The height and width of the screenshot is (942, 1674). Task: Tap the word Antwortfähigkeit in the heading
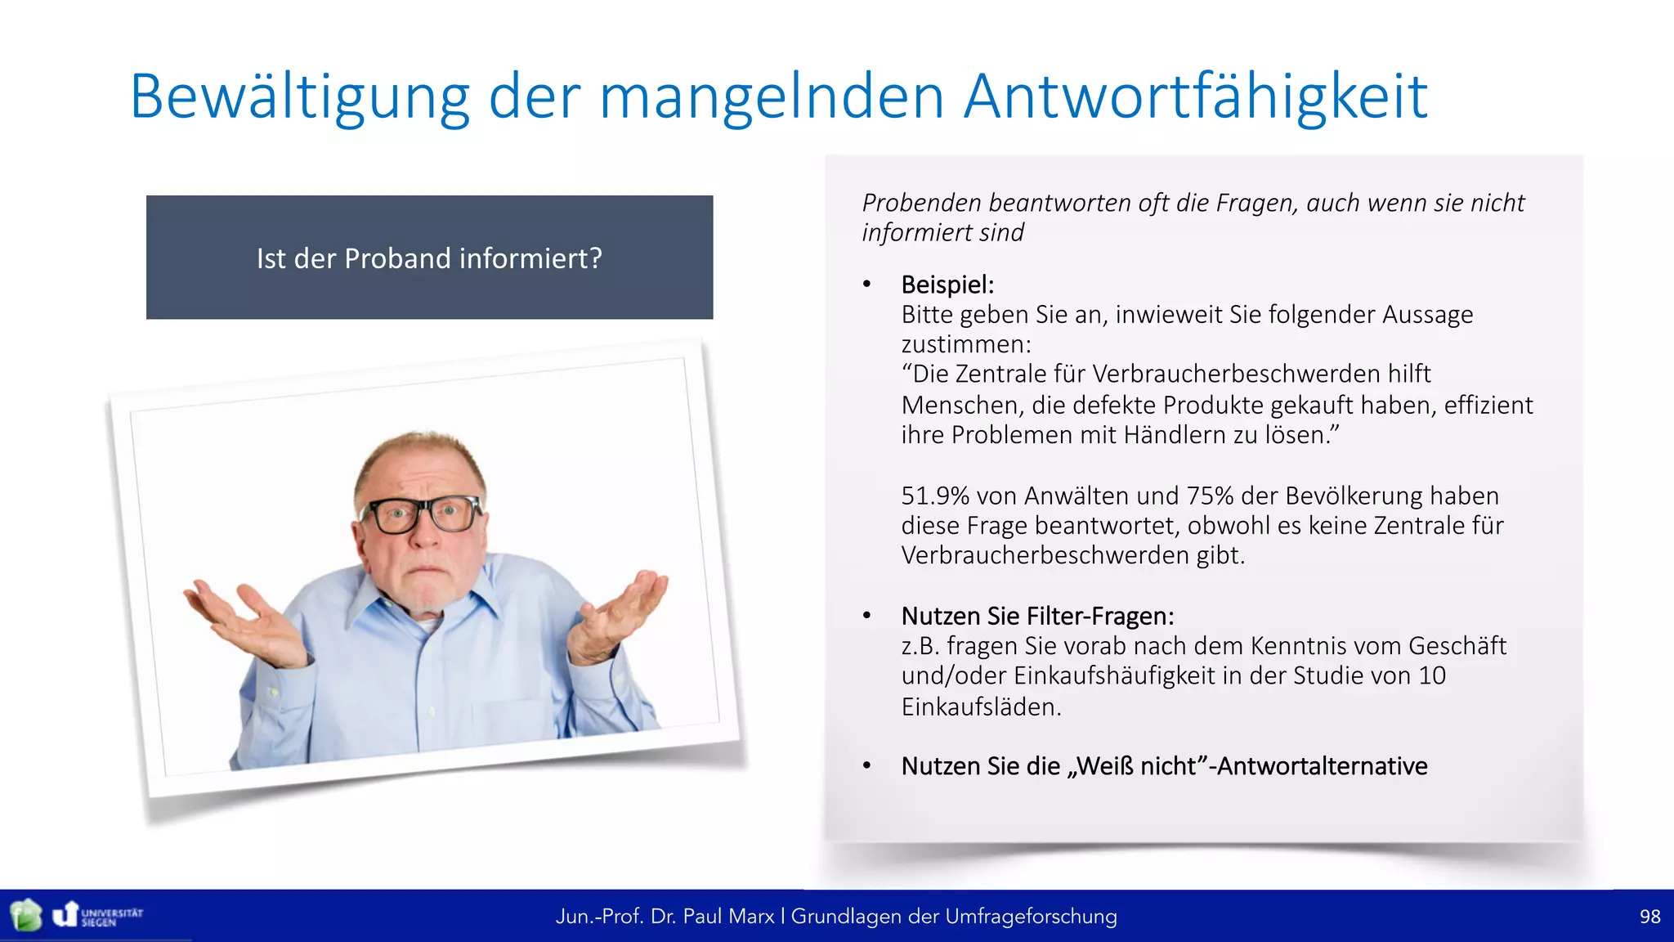pyautogui.click(x=1195, y=96)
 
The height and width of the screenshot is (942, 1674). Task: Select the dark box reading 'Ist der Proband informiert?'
pyautogui.click(x=429, y=258)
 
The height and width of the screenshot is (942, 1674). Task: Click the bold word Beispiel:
pyautogui.click(x=947, y=285)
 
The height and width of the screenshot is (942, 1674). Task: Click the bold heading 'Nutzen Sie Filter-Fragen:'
pyautogui.click(x=1037, y=616)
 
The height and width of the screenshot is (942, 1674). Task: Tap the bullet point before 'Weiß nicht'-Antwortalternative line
pyautogui.click(x=867, y=766)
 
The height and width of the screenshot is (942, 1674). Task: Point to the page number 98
pyautogui.click(x=1649, y=917)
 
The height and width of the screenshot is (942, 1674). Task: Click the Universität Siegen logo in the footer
pyautogui.click(x=98, y=915)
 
